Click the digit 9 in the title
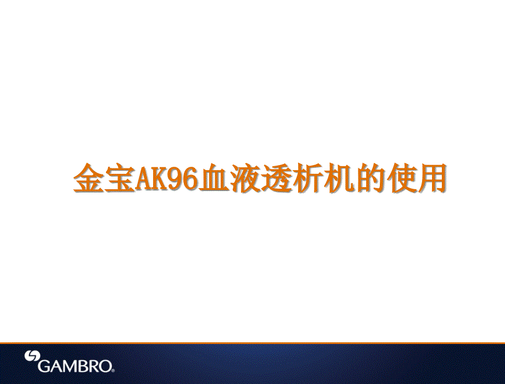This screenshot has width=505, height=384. pos(174,179)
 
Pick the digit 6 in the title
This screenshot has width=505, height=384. pos(189,179)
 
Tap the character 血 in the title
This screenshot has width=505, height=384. pos(213,179)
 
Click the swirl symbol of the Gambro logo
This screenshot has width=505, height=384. pos(32,357)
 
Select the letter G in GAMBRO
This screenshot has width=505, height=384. pos(44,366)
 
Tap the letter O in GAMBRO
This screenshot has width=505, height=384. pos(104,366)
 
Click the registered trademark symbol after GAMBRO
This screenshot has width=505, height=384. pos(113,371)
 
